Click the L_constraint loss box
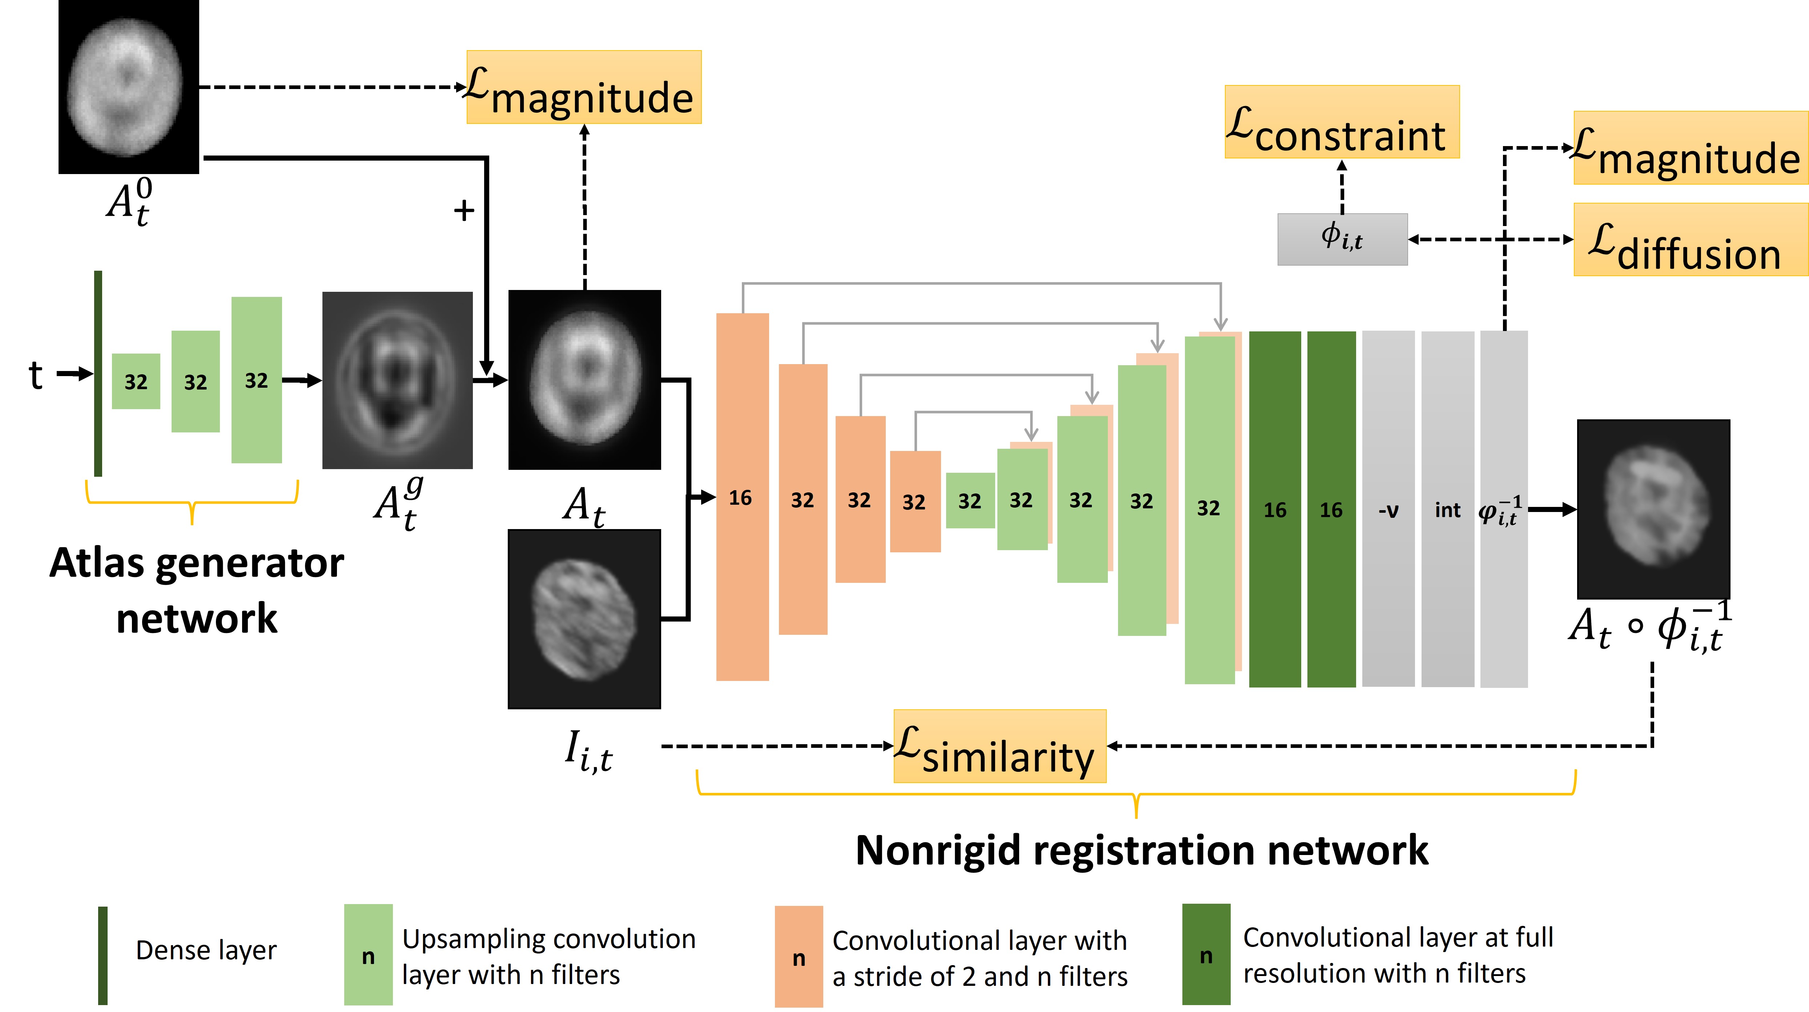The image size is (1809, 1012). click(x=1341, y=122)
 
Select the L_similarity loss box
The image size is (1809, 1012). click(x=999, y=746)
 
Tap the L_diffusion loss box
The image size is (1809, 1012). click(x=1690, y=239)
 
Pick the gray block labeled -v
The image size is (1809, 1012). click(x=1388, y=509)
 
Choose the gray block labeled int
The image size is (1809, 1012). click(x=1447, y=509)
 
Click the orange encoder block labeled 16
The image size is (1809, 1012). click(x=741, y=496)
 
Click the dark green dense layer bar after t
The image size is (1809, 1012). click(x=98, y=374)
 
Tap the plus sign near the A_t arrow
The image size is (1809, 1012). click(x=463, y=210)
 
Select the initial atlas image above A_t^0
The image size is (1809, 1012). click(x=129, y=86)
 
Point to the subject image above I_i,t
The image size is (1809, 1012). click(x=584, y=619)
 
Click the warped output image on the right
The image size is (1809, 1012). click(x=1653, y=509)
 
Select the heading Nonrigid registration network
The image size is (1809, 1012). click(x=1141, y=850)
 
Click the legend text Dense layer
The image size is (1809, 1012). click(x=206, y=950)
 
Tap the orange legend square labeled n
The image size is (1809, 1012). click(x=799, y=956)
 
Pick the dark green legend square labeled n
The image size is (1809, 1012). click(x=1206, y=955)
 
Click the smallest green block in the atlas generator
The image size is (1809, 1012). click(x=136, y=381)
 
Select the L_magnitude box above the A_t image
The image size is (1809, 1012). click(x=584, y=87)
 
